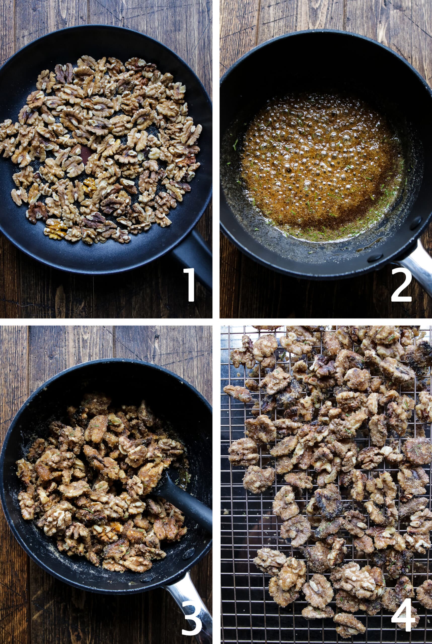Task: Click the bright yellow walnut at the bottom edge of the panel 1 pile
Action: pos(55,228)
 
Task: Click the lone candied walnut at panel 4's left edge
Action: pos(237,394)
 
